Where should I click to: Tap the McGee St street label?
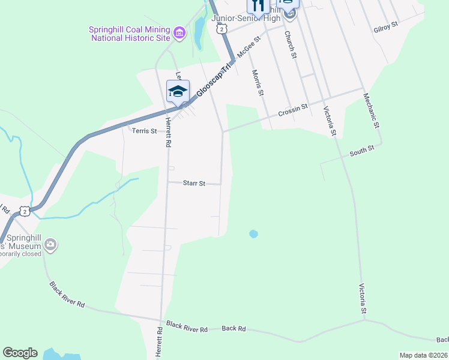click(x=249, y=47)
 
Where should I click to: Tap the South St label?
click(x=362, y=151)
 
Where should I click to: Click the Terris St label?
click(x=144, y=131)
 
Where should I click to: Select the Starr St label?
click(x=194, y=183)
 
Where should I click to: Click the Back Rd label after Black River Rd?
click(x=234, y=329)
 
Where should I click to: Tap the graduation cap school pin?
click(x=178, y=91)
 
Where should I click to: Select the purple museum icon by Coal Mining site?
click(x=178, y=32)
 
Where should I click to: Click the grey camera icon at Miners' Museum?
click(x=50, y=244)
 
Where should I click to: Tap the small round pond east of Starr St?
click(x=253, y=233)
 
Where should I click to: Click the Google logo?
click(x=20, y=353)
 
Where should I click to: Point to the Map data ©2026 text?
click(x=423, y=355)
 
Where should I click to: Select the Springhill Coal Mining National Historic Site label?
click(x=129, y=34)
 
